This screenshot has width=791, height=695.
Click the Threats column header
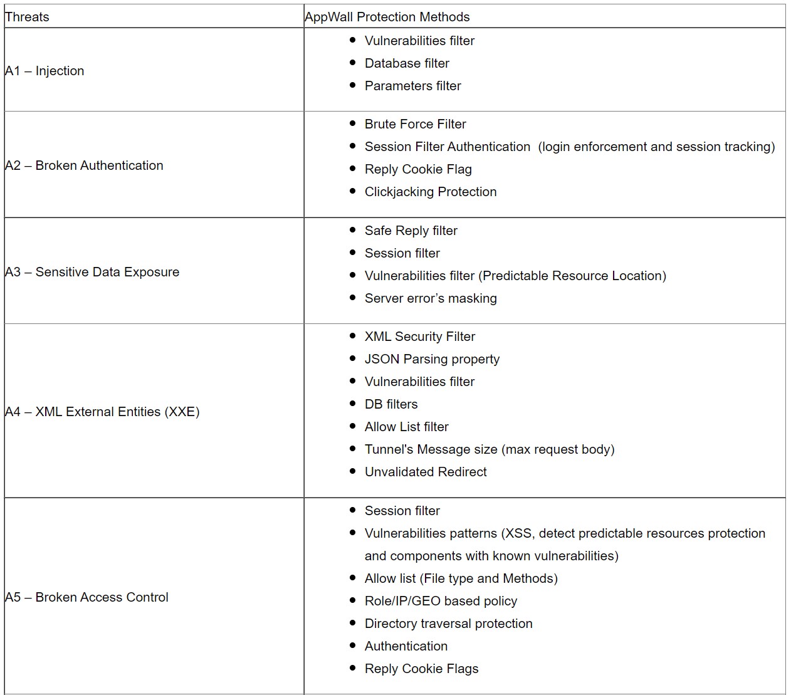(x=27, y=17)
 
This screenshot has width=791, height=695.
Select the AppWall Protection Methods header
(x=387, y=17)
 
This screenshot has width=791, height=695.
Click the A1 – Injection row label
(x=45, y=71)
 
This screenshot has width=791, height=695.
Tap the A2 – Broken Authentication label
(x=84, y=165)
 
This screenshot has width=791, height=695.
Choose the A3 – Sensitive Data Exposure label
(x=92, y=272)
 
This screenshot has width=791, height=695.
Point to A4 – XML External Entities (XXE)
(x=102, y=412)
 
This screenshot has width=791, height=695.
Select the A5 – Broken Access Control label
(x=86, y=597)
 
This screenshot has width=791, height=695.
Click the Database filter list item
(x=407, y=63)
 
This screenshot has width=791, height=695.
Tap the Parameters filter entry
(x=412, y=86)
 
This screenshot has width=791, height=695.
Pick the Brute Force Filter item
(x=415, y=124)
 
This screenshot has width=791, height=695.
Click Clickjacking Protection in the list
(x=430, y=192)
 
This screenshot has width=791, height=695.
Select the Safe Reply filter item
(x=411, y=231)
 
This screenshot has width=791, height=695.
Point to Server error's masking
(x=430, y=298)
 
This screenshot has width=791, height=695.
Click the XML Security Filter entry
(x=419, y=337)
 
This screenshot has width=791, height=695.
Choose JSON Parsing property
(x=432, y=359)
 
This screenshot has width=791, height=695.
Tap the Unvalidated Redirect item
(x=425, y=472)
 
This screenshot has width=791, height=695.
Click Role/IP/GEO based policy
(x=441, y=601)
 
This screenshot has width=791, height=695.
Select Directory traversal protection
(x=448, y=624)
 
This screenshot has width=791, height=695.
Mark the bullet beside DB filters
(x=352, y=404)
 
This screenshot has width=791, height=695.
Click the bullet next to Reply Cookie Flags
(x=352, y=668)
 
